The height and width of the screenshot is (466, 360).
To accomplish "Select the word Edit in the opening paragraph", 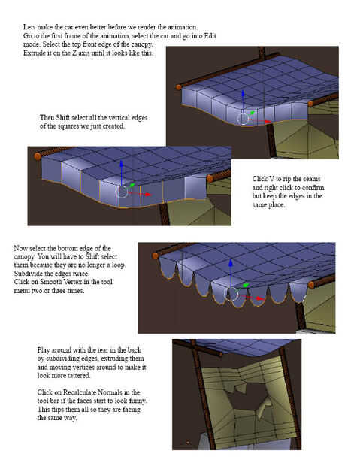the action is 210,36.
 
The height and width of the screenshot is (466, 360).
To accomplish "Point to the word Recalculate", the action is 80,392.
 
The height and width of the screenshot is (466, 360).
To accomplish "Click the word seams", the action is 311,179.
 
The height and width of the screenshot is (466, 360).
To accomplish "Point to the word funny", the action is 138,401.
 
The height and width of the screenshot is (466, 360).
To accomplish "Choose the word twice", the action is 80,274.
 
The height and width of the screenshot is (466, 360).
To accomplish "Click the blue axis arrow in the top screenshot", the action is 243,101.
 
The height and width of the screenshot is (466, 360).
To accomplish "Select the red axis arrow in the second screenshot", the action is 141,194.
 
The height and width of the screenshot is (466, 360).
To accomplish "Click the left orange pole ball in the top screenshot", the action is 178,87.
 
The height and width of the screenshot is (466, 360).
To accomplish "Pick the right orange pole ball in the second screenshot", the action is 210,179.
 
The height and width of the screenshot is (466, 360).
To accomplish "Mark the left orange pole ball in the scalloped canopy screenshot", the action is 155,256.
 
